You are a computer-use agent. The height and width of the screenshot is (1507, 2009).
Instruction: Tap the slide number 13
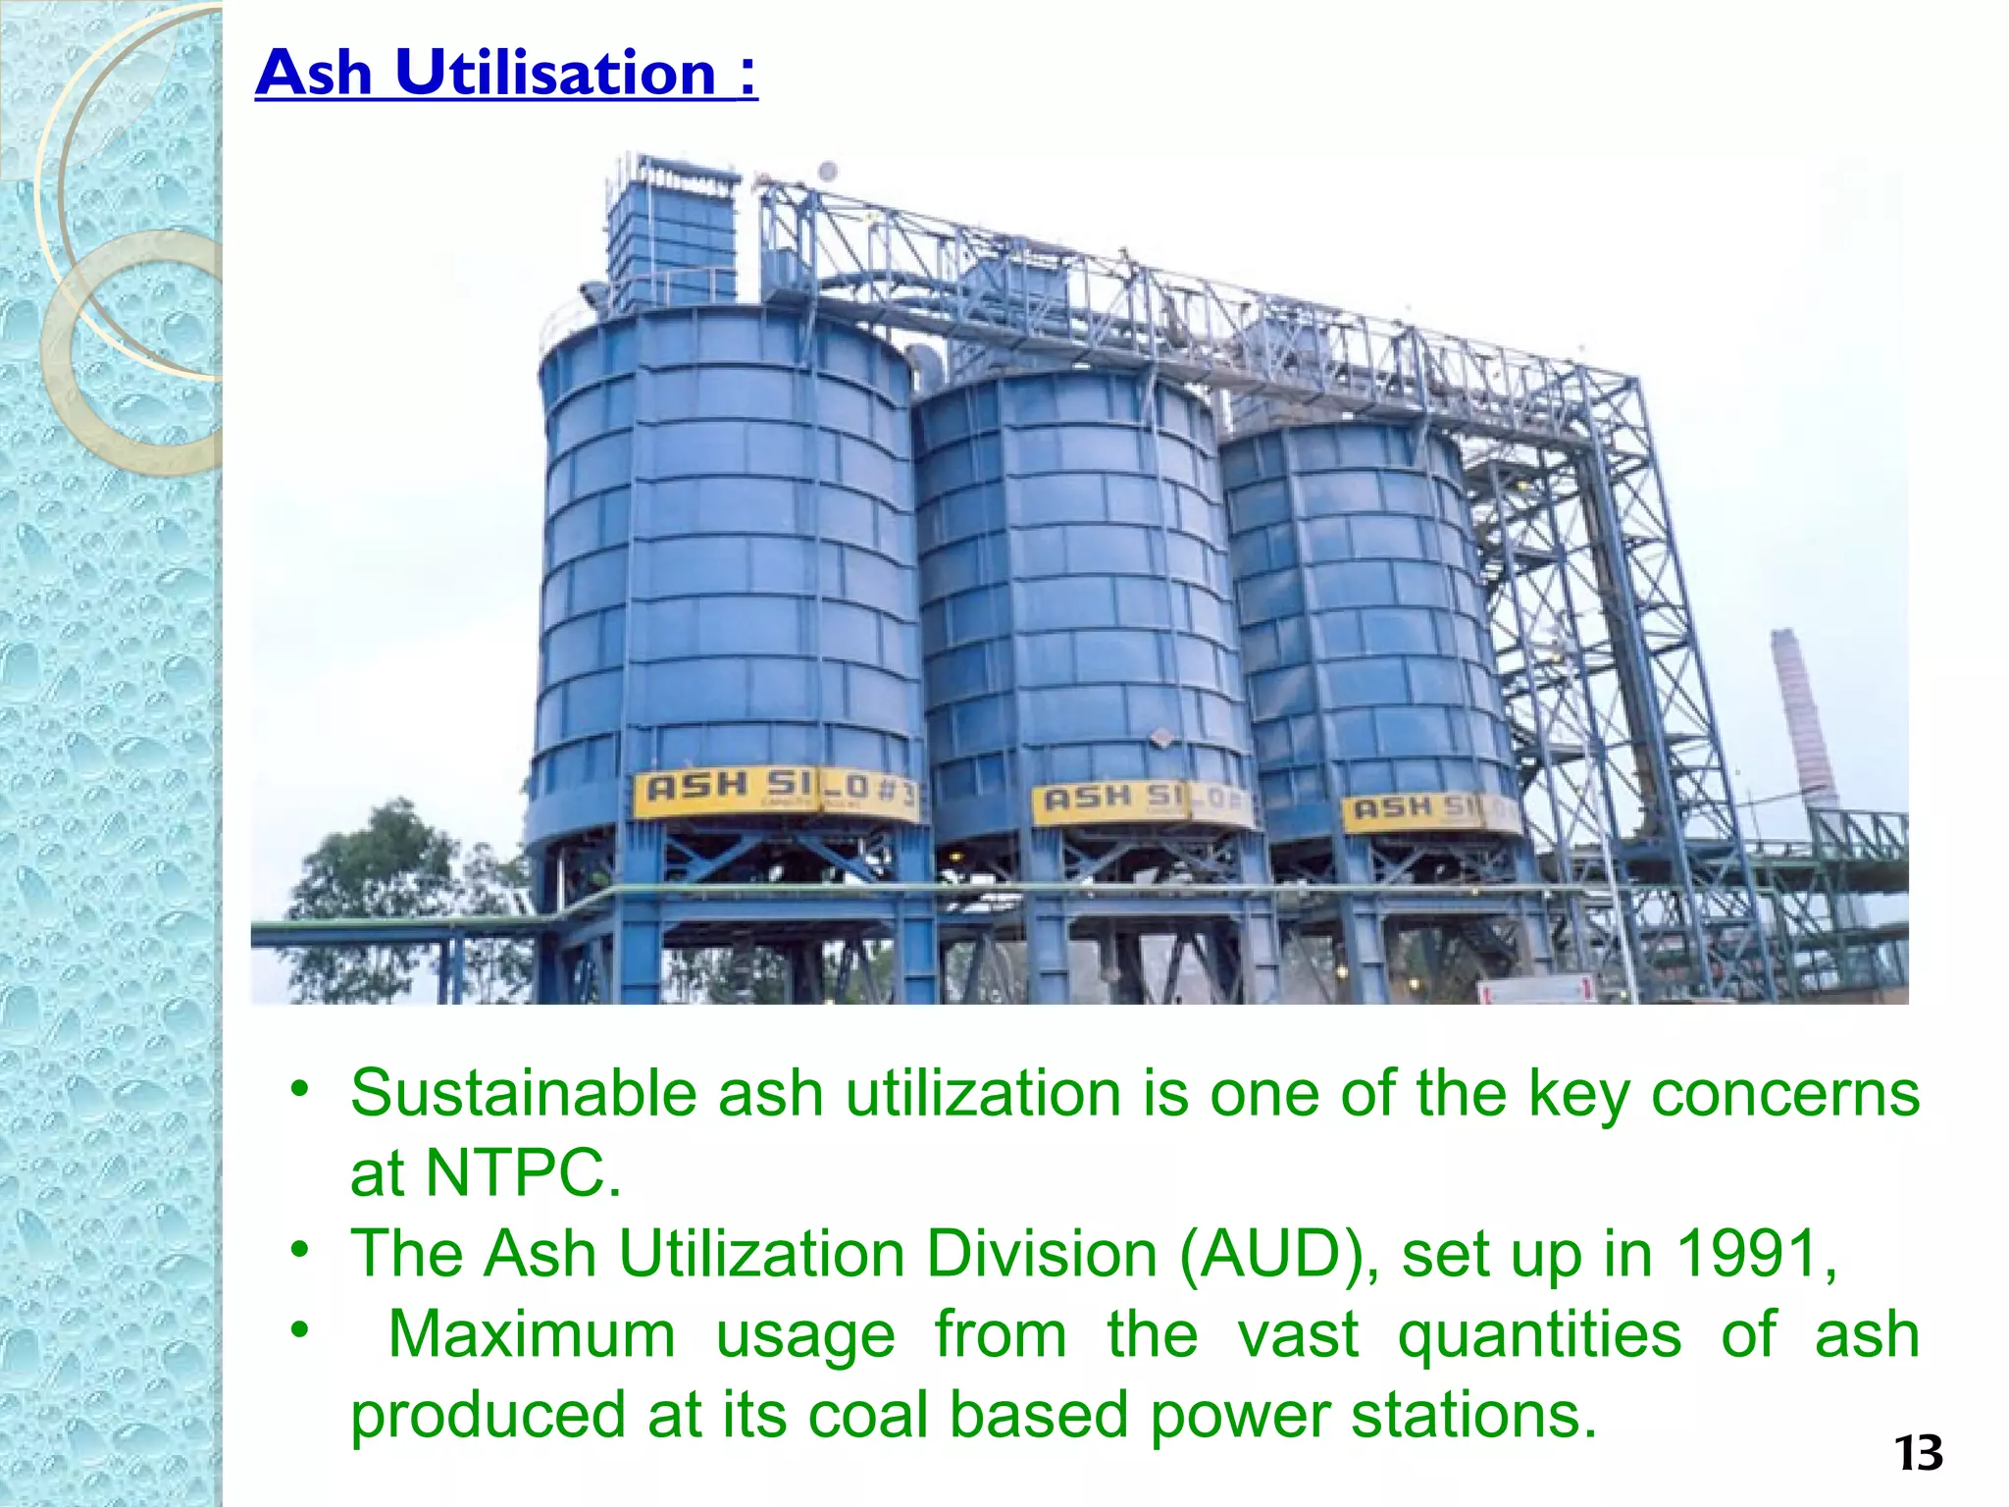pos(1918,1453)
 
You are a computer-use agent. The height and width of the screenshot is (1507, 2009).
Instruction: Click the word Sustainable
pos(522,1093)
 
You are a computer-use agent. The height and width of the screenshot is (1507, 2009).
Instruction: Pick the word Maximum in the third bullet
pos(532,1334)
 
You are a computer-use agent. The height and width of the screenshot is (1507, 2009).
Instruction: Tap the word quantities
pos(1539,1336)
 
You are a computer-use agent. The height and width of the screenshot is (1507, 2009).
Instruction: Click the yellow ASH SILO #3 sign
pos(775,791)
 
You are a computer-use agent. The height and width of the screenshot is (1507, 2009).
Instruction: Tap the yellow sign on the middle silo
pos(1141,804)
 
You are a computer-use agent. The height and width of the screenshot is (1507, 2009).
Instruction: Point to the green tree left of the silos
pos(383,883)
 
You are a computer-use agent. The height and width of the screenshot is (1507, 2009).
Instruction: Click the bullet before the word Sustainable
pos(300,1088)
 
